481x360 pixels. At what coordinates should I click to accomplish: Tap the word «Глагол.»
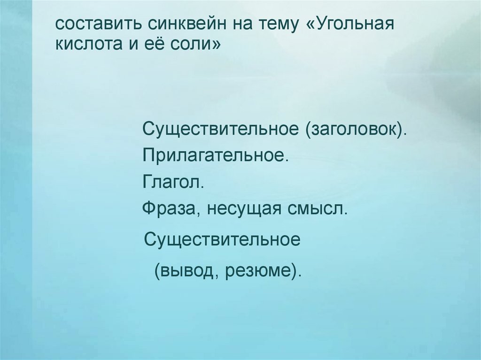tap(173, 181)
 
